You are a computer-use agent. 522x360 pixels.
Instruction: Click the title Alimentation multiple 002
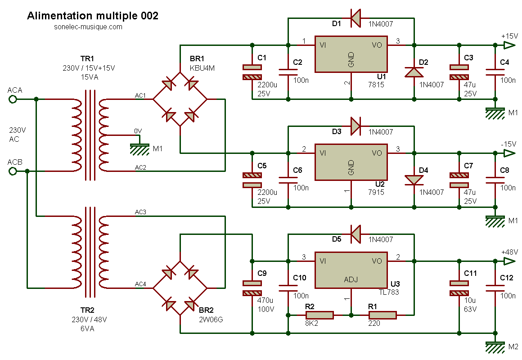(93, 16)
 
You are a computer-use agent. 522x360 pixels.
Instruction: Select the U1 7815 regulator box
(351, 54)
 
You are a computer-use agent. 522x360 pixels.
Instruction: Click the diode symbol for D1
(355, 18)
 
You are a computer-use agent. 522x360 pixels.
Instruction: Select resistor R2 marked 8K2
(319, 315)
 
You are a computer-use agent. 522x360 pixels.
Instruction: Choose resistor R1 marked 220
(382, 315)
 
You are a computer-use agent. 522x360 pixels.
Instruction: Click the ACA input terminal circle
(13, 99)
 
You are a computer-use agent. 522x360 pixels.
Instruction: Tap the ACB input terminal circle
(13, 171)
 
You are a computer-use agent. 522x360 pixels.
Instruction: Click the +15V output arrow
(509, 45)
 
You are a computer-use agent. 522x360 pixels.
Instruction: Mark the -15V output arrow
(509, 153)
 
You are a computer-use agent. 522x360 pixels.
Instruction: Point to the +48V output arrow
(509, 261)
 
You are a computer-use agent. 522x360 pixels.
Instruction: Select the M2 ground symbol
(495, 346)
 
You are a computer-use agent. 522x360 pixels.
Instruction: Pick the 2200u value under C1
(267, 84)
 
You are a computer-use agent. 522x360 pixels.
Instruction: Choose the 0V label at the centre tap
(138, 130)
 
